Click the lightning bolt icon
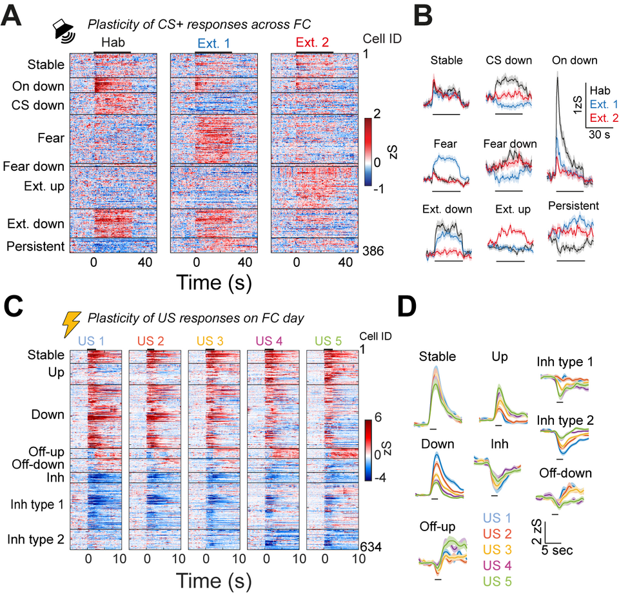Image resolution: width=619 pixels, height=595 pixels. pos(70,323)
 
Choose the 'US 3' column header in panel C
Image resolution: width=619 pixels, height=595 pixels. pos(213,339)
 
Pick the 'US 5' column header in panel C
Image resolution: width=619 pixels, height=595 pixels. pos(331,339)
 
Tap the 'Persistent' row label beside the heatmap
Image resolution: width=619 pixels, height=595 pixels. pos(37,246)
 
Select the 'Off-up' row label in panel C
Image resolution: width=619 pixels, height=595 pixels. pos(46,451)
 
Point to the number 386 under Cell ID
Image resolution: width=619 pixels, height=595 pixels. pos(372,251)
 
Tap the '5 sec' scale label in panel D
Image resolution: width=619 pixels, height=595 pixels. pos(557,551)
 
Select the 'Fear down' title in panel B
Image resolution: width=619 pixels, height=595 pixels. pos(509,144)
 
